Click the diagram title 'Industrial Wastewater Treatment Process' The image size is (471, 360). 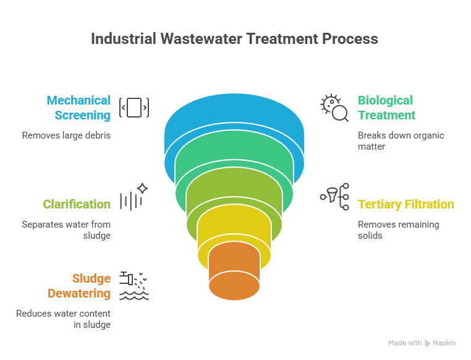[x=234, y=39]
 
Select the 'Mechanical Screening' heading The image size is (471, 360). [x=79, y=108]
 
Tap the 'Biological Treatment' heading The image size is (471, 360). [x=386, y=108]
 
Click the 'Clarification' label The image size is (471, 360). [x=77, y=204]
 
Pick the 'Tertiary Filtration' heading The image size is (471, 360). [x=405, y=204]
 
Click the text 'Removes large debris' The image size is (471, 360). [x=66, y=135]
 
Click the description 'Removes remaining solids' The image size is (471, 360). [x=398, y=229]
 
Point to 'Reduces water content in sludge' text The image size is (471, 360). [x=64, y=319]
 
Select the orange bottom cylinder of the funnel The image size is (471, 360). [x=234, y=275]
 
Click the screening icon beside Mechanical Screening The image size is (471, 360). [x=134, y=108]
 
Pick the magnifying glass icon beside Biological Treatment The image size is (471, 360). [x=334, y=108]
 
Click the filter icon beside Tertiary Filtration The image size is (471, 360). [x=334, y=197]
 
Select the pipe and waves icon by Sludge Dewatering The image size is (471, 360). [x=134, y=285]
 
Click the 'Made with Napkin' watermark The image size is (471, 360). [x=422, y=343]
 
